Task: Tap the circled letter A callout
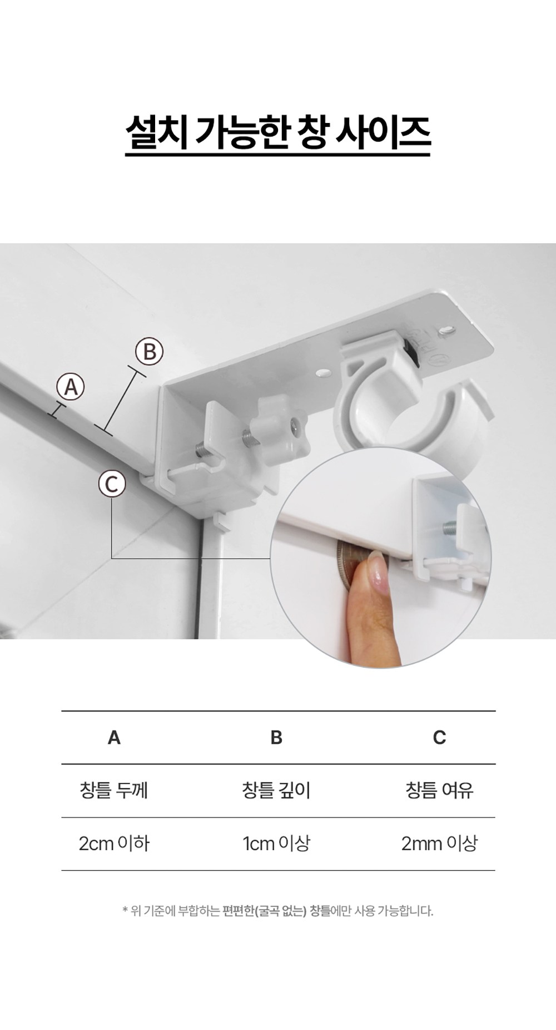coord(71,386)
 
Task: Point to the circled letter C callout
coord(112,484)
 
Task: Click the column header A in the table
coord(114,737)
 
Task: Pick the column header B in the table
coord(276,737)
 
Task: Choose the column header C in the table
coord(439,737)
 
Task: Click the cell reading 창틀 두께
coord(114,790)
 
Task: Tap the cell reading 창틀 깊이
coord(276,790)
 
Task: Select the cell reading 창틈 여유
coord(439,790)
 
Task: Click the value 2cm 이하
coord(114,844)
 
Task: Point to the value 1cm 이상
coord(276,844)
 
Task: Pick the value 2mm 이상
coord(439,844)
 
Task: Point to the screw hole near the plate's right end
coord(445,331)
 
